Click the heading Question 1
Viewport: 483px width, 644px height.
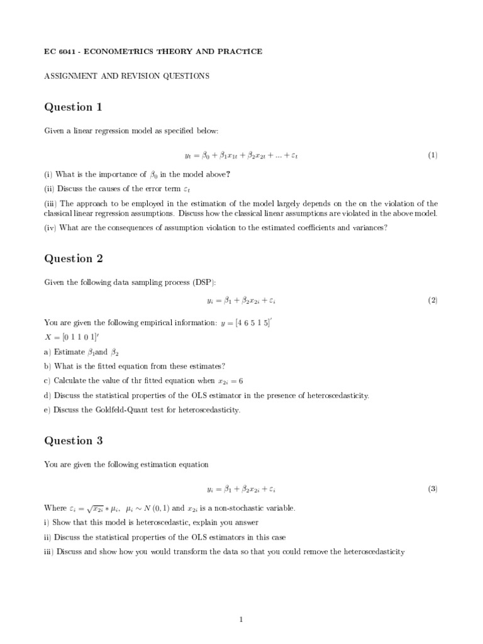tap(73, 107)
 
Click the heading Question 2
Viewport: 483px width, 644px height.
tap(73, 258)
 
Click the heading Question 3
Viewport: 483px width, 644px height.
tap(73, 440)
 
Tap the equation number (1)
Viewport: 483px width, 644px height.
tap(433, 155)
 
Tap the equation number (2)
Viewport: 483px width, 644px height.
tap(433, 301)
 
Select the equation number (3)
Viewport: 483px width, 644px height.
tap(433, 489)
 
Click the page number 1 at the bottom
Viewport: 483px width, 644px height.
tap(241, 619)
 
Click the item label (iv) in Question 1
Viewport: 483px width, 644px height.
tap(50, 228)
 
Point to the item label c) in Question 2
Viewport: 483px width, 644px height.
tap(47, 380)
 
